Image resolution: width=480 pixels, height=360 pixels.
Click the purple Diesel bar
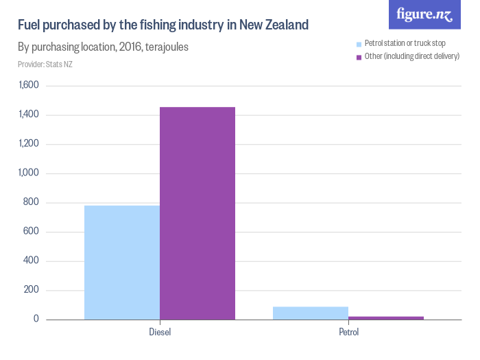(197, 213)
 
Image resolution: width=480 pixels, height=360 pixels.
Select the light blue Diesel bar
(122, 263)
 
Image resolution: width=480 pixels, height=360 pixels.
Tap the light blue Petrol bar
(311, 313)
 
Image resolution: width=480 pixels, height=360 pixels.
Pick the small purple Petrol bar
(386, 317)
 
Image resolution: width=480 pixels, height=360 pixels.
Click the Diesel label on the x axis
(160, 333)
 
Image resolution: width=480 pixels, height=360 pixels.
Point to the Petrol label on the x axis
(348, 333)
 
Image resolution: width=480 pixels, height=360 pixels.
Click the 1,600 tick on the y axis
(29, 86)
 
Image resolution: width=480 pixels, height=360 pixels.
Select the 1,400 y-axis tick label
(29, 115)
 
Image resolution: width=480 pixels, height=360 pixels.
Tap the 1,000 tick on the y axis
(29, 173)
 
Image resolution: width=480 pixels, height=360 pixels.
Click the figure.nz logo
(424, 14)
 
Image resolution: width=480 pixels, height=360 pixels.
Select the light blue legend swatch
(359, 44)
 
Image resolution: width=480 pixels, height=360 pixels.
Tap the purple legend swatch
(359, 56)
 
